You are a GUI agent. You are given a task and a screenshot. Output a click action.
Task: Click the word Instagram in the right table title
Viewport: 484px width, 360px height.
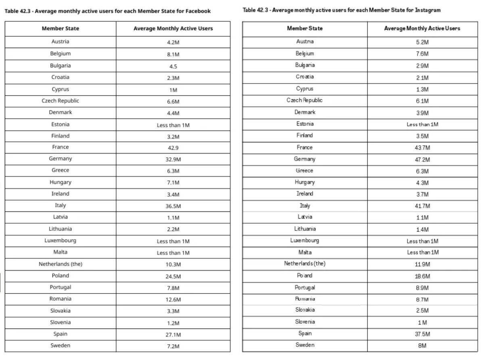pyautogui.click(x=427, y=10)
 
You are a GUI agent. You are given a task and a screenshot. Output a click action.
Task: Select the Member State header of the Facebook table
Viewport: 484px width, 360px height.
pyautogui.click(x=60, y=29)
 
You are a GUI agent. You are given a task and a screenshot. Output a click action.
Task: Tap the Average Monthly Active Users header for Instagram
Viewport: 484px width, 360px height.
pyautogui.click(x=422, y=28)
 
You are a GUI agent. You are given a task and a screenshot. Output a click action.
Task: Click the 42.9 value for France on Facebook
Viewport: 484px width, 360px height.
pyautogui.click(x=173, y=148)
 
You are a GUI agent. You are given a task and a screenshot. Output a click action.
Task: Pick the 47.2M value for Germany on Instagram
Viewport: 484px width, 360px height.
pyautogui.click(x=422, y=159)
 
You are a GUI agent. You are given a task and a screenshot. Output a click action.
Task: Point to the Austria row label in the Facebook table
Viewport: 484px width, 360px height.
pyautogui.click(x=60, y=42)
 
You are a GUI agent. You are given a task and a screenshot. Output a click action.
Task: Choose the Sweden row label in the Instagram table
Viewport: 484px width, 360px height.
pyautogui.click(x=305, y=345)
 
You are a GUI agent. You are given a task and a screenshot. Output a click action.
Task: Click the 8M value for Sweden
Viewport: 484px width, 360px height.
pyautogui.click(x=422, y=345)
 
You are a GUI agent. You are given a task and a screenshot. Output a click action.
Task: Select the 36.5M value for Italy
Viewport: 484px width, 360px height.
pyautogui.click(x=173, y=206)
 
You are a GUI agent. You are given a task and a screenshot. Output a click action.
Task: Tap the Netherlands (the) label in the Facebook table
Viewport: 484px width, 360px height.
pyautogui.click(x=60, y=264)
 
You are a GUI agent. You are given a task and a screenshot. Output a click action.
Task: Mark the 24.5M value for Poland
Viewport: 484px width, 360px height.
pyautogui.click(x=173, y=276)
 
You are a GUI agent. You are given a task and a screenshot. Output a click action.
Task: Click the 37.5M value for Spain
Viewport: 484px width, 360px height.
pyautogui.click(x=422, y=334)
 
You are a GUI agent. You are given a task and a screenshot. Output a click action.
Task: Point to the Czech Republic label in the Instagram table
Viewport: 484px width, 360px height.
pyautogui.click(x=305, y=100)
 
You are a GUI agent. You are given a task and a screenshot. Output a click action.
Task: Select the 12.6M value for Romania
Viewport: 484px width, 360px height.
pyautogui.click(x=173, y=300)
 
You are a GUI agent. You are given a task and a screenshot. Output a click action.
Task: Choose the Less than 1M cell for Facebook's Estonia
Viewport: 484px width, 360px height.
pyautogui.click(x=173, y=126)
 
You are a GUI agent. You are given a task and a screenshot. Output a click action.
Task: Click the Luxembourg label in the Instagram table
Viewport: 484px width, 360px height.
pyautogui.click(x=305, y=241)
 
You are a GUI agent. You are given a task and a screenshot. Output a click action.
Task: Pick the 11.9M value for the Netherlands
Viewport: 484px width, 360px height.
pyautogui.click(x=422, y=264)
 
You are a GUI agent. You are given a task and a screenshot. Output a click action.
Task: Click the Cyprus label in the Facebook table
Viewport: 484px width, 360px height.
pyautogui.click(x=60, y=89)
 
